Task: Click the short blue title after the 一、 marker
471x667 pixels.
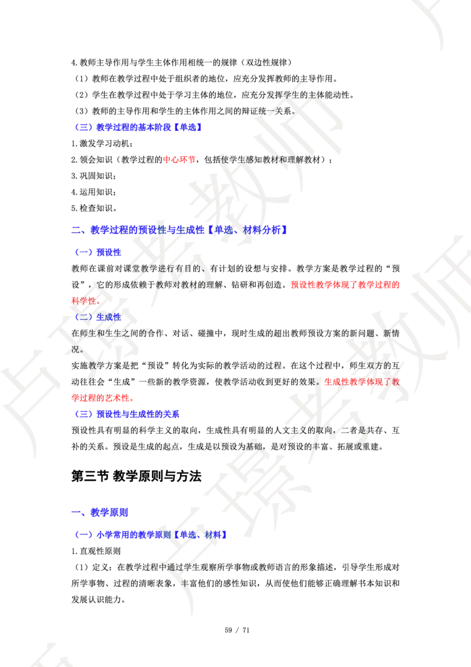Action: (x=110, y=513)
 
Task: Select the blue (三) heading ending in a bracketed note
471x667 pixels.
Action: (x=139, y=127)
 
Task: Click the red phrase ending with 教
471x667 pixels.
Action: (x=362, y=381)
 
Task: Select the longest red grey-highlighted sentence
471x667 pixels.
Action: (x=344, y=285)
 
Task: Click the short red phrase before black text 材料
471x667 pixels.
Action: (x=180, y=159)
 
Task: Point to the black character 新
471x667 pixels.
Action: (x=389, y=334)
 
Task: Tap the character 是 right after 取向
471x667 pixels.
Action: (x=363, y=430)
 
